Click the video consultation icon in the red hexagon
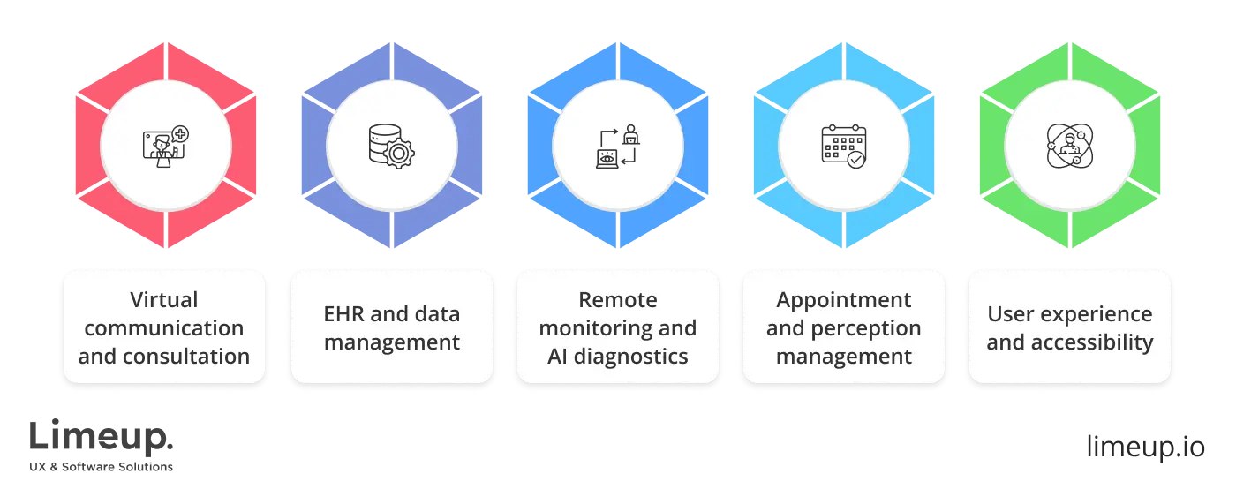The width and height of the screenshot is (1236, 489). (165, 146)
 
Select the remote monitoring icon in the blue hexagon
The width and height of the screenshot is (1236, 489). (617, 146)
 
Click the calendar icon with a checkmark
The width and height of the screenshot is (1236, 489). (843, 146)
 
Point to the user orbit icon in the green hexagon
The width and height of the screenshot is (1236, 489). (1069, 146)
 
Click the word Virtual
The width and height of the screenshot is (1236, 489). (164, 299)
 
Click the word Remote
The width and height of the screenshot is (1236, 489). (617, 299)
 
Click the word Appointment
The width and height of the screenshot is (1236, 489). (843, 299)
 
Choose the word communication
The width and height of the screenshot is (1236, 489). (164, 328)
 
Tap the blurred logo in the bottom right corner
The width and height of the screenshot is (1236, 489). (1146, 444)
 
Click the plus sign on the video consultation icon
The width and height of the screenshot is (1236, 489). (181, 134)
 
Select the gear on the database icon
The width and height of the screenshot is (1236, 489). (401, 155)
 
